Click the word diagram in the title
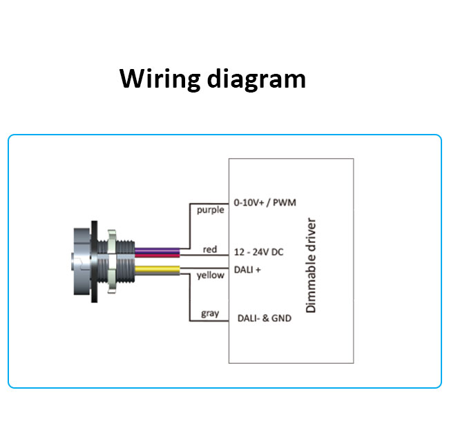click(x=256, y=79)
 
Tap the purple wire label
click(x=211, y=211)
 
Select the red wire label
click(x=210, y=249)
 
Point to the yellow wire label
click(x=211, y=275)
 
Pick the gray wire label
click(x=210, y=313)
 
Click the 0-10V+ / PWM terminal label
click(x=265, y=202)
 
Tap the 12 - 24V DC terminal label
click(x=258, y=252)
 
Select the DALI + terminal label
click(x=247, y=269)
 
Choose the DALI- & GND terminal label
click(x=265, y=318)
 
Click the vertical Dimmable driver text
click(x=311, y=265)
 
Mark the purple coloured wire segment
click(x=157, y=251)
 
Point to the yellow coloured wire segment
click(x=157, y=269)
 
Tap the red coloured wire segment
click(x=157, y=255)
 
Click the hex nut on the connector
click(x=112, y=261)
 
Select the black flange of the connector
click(x=94, y=262)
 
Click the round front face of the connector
click(x=81, y=261)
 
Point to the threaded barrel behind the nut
click(x=126, y=261)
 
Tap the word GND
click(x=281, y=318)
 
